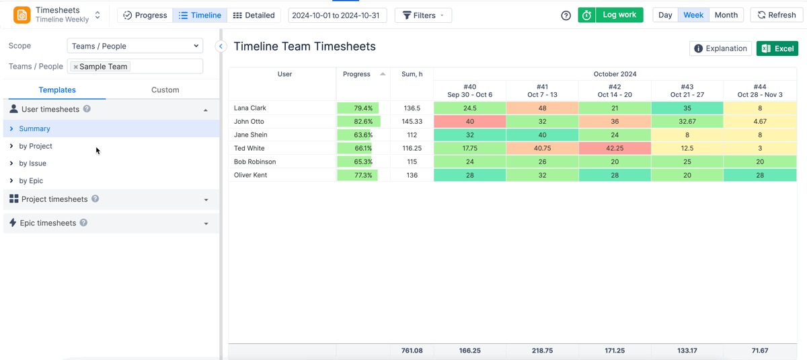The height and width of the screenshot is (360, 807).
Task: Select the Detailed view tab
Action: coord(254,15)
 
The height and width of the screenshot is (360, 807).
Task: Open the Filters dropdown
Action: coord(423,15)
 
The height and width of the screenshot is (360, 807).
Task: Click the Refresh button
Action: coord(777,15)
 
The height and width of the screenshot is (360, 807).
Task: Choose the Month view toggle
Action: coord(726,15)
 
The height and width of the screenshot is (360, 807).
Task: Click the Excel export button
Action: coord(777,48)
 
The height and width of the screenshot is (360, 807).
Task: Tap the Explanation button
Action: coord(720,48)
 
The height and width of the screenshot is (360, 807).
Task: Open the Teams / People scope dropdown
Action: coord(135,46)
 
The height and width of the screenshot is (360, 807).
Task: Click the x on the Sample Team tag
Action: coord(76,67)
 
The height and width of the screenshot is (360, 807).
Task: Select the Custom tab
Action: coord(165,89)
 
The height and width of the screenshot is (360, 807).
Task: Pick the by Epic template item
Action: coord(31,180)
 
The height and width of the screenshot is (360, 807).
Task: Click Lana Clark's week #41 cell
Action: coord(542,108)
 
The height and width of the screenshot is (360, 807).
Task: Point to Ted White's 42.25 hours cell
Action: coord(614,148)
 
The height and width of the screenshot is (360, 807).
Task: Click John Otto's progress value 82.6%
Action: coord(362,121)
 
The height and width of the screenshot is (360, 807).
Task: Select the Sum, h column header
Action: coord(412,74)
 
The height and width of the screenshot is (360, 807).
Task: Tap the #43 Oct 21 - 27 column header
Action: coord(687,90)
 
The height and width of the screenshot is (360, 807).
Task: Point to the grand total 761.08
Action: coord(412,351)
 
